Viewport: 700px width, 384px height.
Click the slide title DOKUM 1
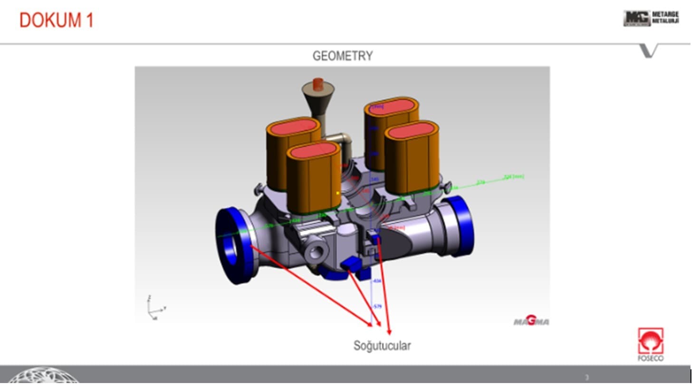click(x=57, y=20)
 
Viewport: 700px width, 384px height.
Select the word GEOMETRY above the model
click(x=342, y=56)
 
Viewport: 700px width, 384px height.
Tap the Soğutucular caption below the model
click(x=382, y=346)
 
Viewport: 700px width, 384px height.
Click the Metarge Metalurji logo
click(x=651, y=19)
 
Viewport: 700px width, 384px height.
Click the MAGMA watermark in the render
click(x=531, y=322)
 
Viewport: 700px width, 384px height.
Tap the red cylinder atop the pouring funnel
click(x=318, y=84)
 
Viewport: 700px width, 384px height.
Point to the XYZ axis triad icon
click(x=155, y=308)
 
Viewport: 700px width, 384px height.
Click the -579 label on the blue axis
click(x=377, y=307)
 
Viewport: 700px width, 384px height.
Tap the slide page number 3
click(x=587, y=377)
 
